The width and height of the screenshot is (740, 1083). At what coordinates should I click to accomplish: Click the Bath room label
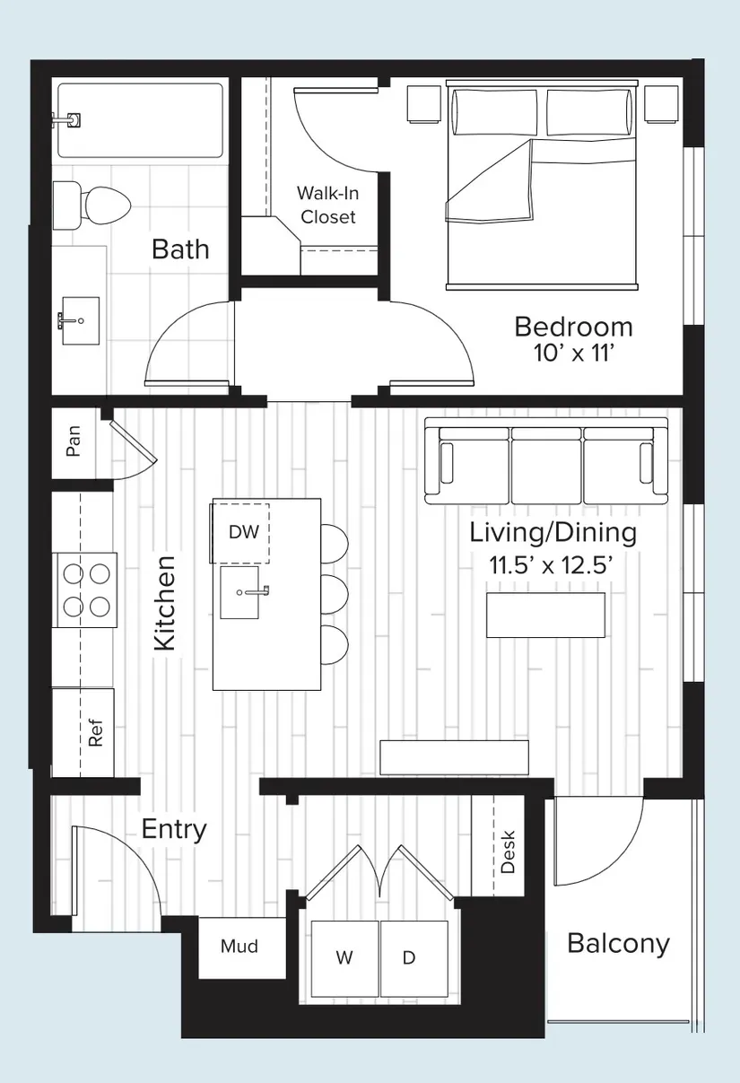pyautogui.click(x=180, y=249)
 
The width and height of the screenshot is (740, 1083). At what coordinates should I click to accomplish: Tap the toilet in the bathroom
pyautogui.click(x=91, y=205)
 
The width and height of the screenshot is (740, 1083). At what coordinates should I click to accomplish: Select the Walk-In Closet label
pyautogui.click(x=328, y=205)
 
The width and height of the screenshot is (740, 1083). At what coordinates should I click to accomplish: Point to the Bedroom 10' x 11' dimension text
pyautogui.click(x=574, y=354)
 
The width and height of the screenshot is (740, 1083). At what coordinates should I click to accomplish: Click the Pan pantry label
pyautogui.click(x=74, y=441)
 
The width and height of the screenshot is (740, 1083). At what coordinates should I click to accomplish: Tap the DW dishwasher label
pyautogui.click(x=244, y=532)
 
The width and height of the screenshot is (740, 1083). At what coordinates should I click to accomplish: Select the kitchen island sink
pyautogui.click(x=239, y=593)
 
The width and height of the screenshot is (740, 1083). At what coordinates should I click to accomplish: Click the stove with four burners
pyautogui.click(x=85, y=590)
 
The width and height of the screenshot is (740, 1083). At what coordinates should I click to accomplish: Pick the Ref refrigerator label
pyautogui.click(x=96, y=733)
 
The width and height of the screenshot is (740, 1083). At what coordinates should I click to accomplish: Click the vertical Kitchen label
pyautogui.click(x=164, y=603)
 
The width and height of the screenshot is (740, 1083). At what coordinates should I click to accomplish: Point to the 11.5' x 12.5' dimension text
pyautogui.click(x=552, y=564)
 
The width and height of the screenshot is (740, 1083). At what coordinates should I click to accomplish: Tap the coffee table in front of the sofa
pyautogui.click(x=545, y=615)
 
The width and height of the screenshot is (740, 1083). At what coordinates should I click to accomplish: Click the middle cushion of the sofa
pyautogui.click(x=546, y=467)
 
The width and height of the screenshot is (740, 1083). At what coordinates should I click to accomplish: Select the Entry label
pyautogui.click(x=174, y=830)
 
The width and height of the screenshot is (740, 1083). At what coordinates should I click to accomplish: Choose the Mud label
pyautogui.click(x=239, y=947)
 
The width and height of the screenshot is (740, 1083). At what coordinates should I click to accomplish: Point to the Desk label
pyautogui.click(x=508, y=852)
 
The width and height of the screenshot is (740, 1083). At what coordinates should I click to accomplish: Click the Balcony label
pyautogui.click(x=618, y=944)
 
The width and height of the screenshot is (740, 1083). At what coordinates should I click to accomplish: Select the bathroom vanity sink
pyautogui.click(x=79, y=320)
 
